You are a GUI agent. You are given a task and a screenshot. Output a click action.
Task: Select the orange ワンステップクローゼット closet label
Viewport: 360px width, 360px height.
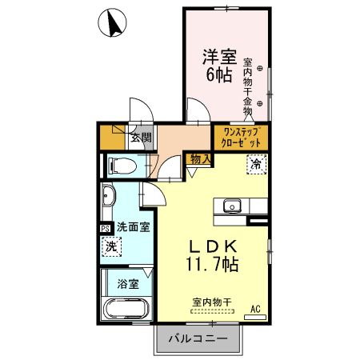240,135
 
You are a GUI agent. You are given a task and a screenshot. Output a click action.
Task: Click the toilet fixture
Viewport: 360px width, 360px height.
122,166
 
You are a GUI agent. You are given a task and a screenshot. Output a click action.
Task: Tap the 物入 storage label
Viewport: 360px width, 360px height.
201,160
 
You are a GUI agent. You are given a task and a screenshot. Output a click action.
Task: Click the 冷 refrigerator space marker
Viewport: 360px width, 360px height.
256,165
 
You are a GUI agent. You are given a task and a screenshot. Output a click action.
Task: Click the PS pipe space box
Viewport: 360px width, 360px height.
106,227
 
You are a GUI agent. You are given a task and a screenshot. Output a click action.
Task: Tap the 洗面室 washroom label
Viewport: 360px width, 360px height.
132,227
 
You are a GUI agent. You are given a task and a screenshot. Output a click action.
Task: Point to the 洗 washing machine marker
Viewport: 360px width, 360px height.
113,248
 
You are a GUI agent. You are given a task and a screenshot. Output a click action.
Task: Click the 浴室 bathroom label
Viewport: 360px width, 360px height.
128,282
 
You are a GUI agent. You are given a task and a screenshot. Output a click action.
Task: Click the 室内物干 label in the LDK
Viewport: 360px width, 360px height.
212,302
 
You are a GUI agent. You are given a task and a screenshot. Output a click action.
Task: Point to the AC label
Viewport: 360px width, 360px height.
256,308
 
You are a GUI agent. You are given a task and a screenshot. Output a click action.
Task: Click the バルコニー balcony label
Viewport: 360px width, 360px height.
196,339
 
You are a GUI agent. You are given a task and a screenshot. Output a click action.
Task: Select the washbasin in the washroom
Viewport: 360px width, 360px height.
110,198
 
